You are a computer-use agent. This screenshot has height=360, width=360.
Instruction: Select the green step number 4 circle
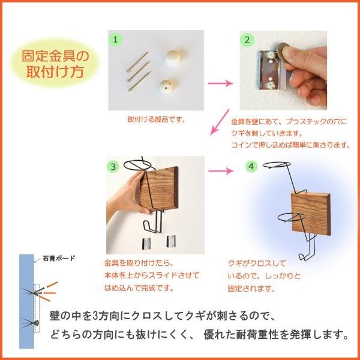point(252,165)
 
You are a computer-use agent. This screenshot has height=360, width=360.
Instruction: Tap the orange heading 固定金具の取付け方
point(55,65)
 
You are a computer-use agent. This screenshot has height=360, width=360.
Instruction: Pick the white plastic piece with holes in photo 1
point(170,89)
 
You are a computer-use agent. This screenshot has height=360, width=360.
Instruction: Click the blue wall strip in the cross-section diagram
point(25,300)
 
